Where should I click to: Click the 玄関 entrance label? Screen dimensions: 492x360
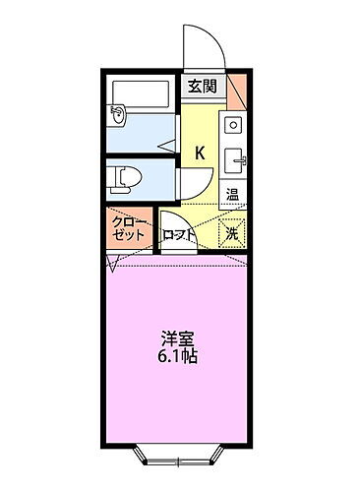(203, 88)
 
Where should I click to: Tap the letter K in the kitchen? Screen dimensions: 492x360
(200, 153)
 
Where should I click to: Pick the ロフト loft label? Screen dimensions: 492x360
(179, 234)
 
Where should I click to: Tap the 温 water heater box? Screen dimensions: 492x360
(234, 194)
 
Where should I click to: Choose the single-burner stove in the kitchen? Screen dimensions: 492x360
(234, 125)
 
